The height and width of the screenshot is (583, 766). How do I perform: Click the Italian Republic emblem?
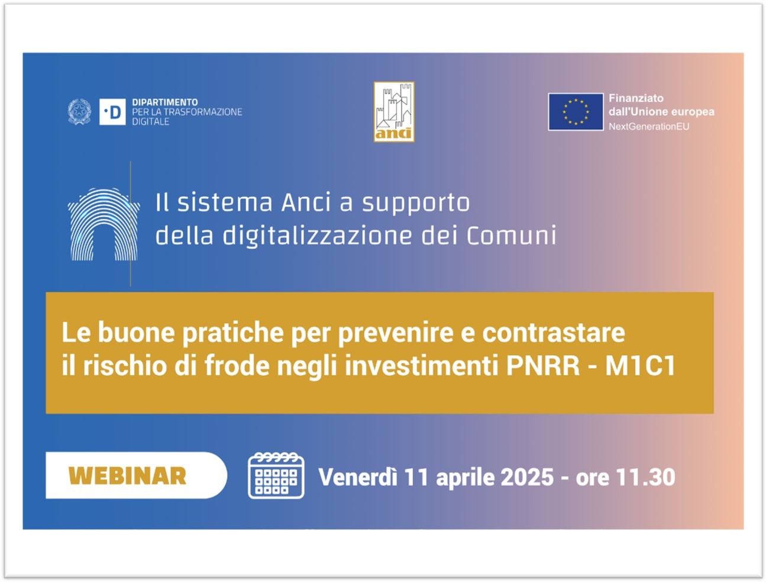click(79, 112)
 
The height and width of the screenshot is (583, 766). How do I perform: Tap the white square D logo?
click(112, 112)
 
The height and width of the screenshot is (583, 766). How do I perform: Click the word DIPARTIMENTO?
click(164, 102)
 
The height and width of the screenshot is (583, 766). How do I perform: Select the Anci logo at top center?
click(394, 112)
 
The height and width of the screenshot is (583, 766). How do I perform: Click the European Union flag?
click(576, 112)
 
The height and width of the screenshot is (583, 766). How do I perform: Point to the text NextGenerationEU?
click(649, 127)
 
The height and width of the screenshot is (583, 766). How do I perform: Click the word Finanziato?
click(636, 98)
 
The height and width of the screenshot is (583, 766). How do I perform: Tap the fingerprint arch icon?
click(104, 224)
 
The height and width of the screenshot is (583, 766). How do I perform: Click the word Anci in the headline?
click(306, 202)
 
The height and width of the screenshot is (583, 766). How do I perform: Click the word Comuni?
click(511, 236)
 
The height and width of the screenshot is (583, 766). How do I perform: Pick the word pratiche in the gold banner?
click(233, 333)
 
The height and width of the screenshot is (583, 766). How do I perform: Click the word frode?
click(237, 366)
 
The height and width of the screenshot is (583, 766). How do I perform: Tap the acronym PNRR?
click(542, 366)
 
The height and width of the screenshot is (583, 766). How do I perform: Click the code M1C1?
click(641, 366)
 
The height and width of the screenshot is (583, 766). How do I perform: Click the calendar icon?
click(276, 475)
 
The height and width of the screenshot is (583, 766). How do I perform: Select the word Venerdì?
click(358, 477)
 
